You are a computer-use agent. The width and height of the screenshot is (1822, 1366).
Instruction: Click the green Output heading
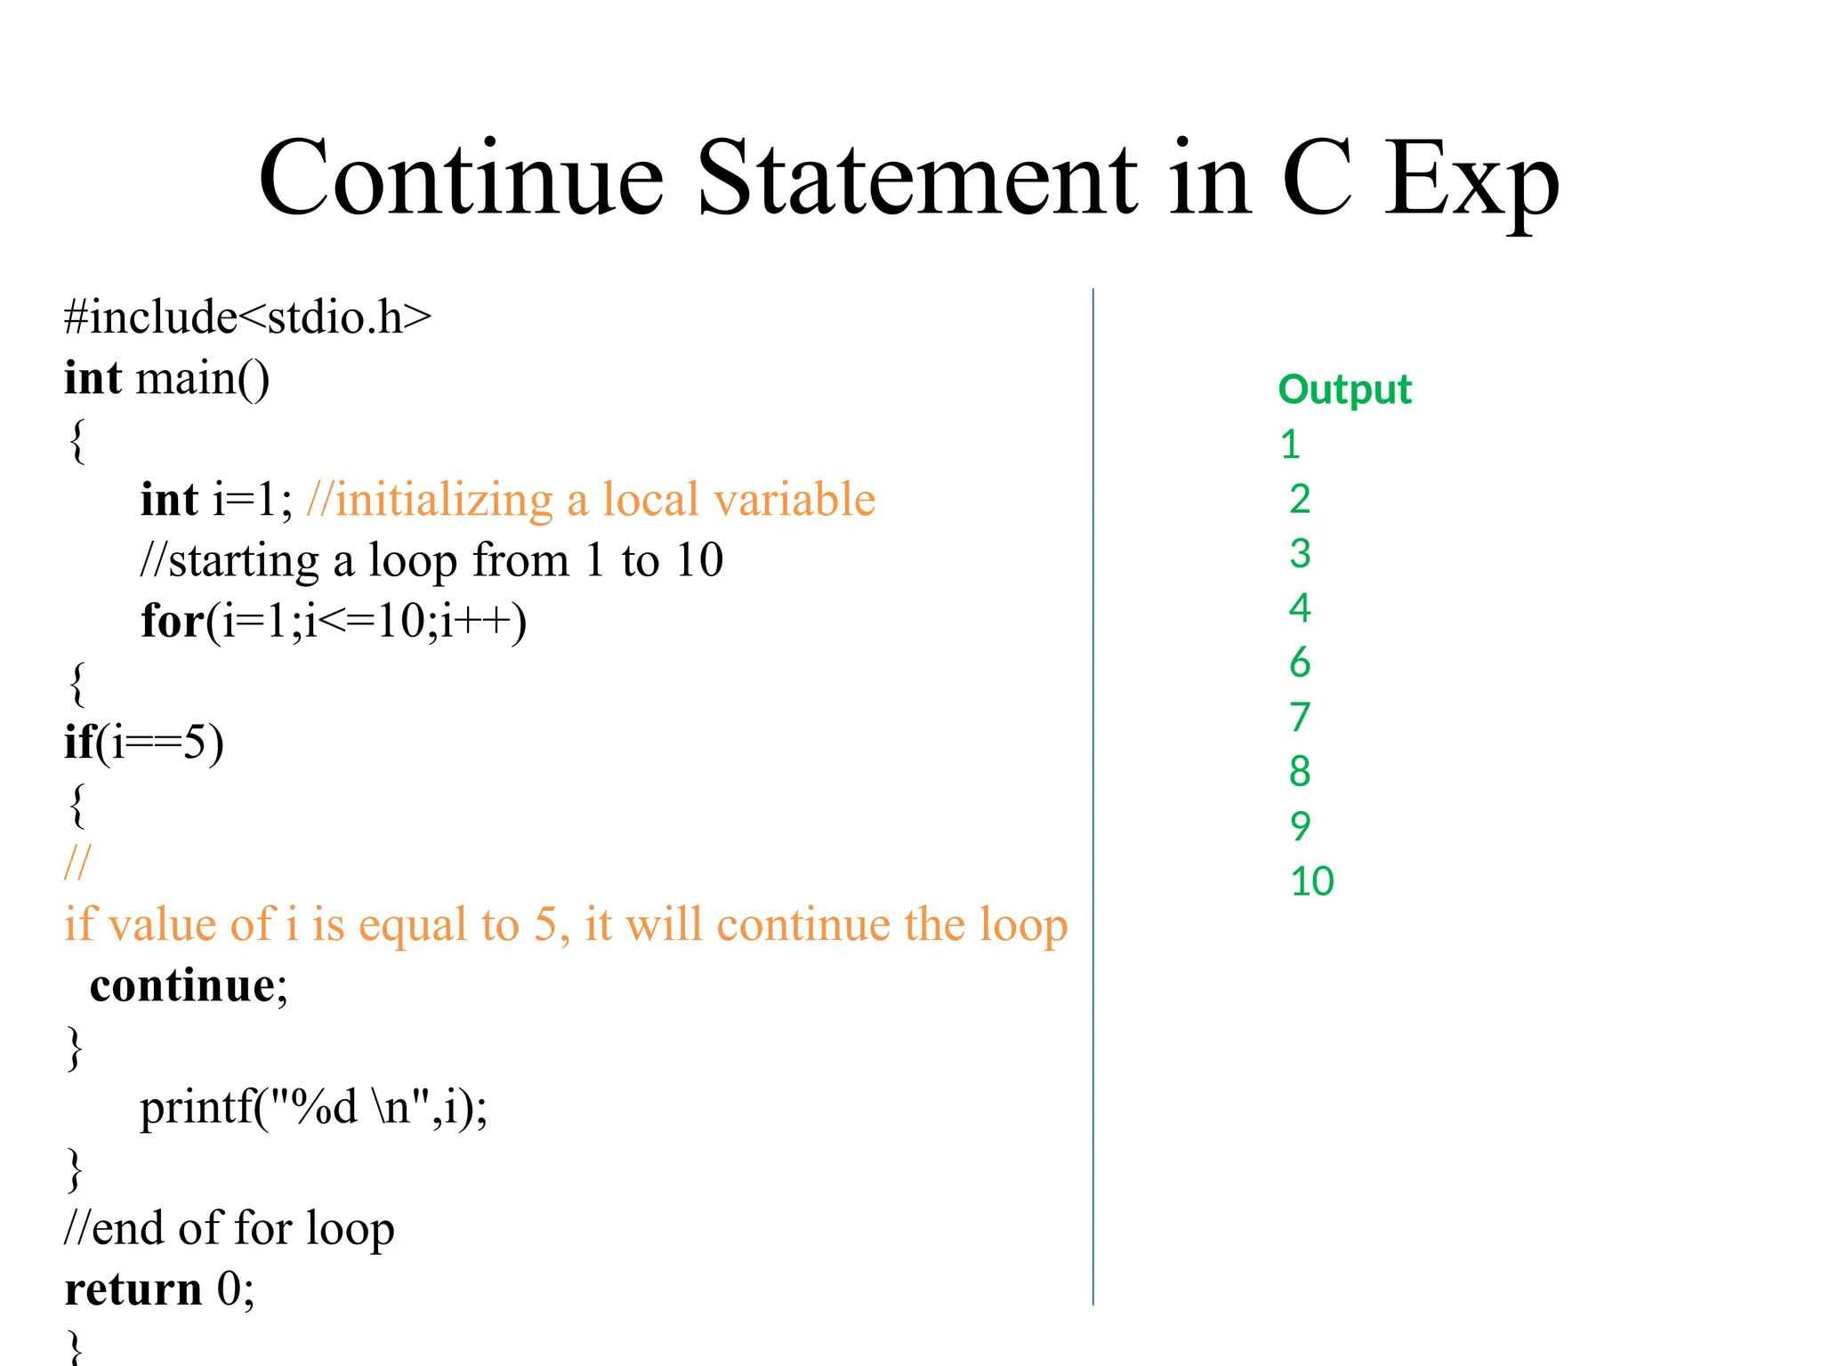coord(1344,390)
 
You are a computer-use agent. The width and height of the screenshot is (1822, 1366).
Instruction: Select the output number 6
coord(1300,663)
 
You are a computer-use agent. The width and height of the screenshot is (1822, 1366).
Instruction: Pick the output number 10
coord(1311,881)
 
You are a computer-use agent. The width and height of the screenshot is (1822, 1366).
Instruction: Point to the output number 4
coord(1300,608)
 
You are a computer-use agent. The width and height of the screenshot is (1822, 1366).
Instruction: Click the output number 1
coord(1290,445)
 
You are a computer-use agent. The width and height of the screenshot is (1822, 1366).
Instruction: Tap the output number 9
coord(1300,826)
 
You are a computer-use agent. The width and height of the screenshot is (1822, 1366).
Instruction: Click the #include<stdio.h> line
coord(247,317)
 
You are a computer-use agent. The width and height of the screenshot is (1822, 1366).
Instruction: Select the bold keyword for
coord(173,620)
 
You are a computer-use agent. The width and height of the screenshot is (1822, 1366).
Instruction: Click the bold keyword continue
coord(182,985)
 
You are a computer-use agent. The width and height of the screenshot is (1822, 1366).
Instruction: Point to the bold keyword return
coord(133,1289)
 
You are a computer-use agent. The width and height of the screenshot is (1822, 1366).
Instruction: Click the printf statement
coord(313,1107)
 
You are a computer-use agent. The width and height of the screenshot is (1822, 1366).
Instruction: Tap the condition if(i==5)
coord(143,742)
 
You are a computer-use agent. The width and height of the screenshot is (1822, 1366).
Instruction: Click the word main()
coord(202,379)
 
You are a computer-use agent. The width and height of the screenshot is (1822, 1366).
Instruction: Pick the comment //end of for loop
coord(229,1228)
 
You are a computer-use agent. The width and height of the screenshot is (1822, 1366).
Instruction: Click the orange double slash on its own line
coord(77,862)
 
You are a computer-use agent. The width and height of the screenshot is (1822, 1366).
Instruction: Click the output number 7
coord(1300,717)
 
